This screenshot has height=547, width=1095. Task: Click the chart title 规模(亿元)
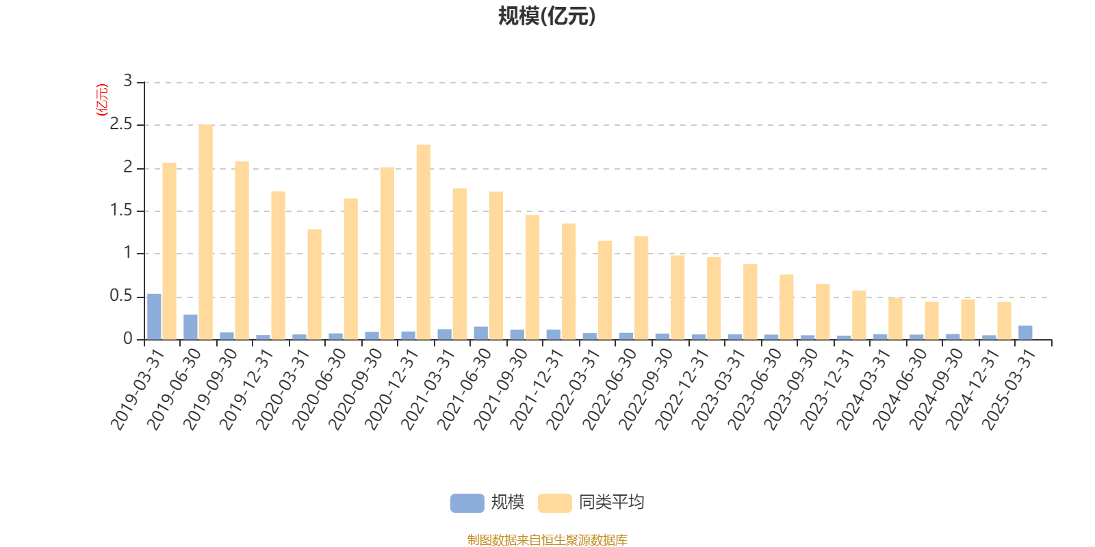[x=547, y=16]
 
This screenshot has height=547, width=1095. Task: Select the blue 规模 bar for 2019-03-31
[x=155, y=317]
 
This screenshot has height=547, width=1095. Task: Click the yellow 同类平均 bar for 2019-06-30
[x=205, y=232]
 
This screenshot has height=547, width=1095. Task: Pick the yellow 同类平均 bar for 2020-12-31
[x=423, y=242]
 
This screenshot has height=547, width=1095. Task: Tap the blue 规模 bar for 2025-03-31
[x=1025, y=332]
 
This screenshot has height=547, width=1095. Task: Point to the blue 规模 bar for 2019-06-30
[x=190, y=327]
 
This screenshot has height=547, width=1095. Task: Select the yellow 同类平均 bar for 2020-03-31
[x=314, y=284]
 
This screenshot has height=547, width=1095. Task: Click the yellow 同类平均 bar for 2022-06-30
[x=641, y=288]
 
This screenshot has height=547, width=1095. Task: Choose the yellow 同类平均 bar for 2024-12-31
[x=1004, y=321]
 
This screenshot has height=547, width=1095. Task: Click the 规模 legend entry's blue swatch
[x=467, y=503]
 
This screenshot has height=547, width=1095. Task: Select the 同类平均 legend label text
[x=611, y=503]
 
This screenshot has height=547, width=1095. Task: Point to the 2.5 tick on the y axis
[x=121, y=125]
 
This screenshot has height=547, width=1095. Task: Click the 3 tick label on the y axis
[x=127, y=81]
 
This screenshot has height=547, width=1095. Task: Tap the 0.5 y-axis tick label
[x=121, y=297]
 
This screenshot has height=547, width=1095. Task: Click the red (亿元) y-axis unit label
[x=102, y=100]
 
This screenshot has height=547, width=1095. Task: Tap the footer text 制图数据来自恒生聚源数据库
[x=547, y=540]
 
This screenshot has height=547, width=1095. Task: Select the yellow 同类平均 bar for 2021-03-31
[x=459, y=264]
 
